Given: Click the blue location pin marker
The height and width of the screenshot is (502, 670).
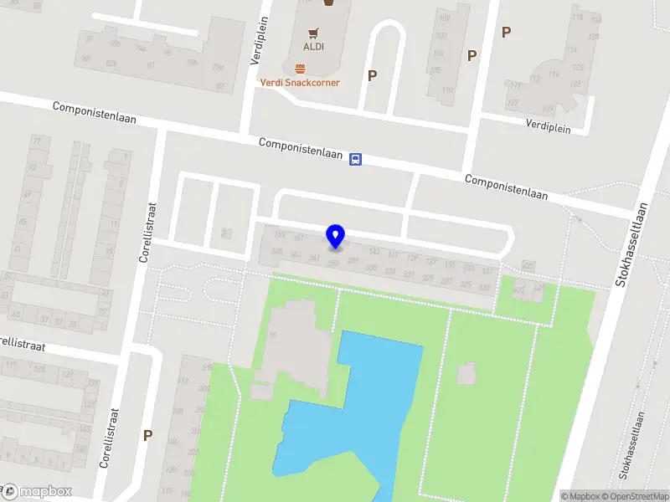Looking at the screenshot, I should click(335, 237).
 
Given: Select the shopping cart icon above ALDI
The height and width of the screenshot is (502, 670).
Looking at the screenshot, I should click(314, 34).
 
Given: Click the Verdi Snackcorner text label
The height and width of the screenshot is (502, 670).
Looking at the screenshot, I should click(299, 82).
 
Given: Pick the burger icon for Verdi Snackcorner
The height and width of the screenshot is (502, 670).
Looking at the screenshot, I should click(299, 68).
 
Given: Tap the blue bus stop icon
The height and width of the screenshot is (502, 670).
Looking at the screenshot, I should click(356, 159).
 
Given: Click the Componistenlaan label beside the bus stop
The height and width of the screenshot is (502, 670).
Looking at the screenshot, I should click(301, 149).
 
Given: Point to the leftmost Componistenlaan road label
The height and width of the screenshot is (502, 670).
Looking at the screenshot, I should click(94, 113).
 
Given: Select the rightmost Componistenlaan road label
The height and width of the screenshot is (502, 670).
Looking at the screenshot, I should click(506, 187).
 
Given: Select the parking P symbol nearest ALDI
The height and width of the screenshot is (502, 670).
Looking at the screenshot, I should click(372, 75).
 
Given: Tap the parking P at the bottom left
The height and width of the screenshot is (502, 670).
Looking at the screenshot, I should click(147, 435).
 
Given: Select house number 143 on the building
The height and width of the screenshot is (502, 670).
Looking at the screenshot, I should click(374, 252).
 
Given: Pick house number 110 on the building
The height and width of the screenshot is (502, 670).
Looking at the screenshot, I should click(446, 90).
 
